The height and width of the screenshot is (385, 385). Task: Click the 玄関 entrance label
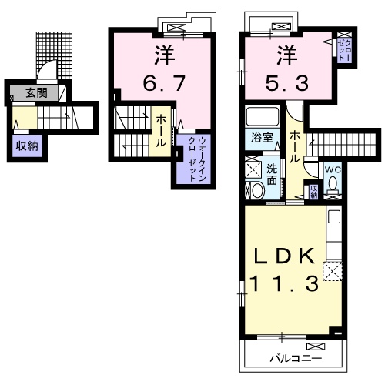coord(36,93)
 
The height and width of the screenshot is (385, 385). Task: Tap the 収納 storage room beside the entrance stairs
coord(27,146)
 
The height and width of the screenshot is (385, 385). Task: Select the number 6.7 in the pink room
coord(164,83)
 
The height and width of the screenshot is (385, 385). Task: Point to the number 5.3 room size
coord(287,83)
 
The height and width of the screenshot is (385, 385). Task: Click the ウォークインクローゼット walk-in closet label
coord(197,159)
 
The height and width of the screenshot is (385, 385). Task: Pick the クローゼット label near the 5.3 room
coord(344,50)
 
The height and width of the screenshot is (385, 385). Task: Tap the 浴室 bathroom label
coord(262,138)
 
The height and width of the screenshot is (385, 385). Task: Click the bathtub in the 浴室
coord(263,116)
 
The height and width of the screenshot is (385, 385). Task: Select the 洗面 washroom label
coord(272,175)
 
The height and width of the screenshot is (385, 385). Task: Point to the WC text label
coord(333,169)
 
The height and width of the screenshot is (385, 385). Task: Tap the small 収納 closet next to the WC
coord(313,192)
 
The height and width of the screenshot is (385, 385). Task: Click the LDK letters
coord(284,256)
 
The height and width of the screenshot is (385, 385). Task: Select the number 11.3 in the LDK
coord(284,283)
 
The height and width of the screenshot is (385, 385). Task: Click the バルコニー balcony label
coord(296,358)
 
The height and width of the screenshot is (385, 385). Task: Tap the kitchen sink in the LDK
coord(334,216)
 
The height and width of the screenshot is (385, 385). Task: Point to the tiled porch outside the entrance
coord(55,55)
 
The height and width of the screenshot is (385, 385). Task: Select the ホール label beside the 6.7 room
coord(160,131)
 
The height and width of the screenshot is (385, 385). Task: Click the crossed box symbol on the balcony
coord(316,346)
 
